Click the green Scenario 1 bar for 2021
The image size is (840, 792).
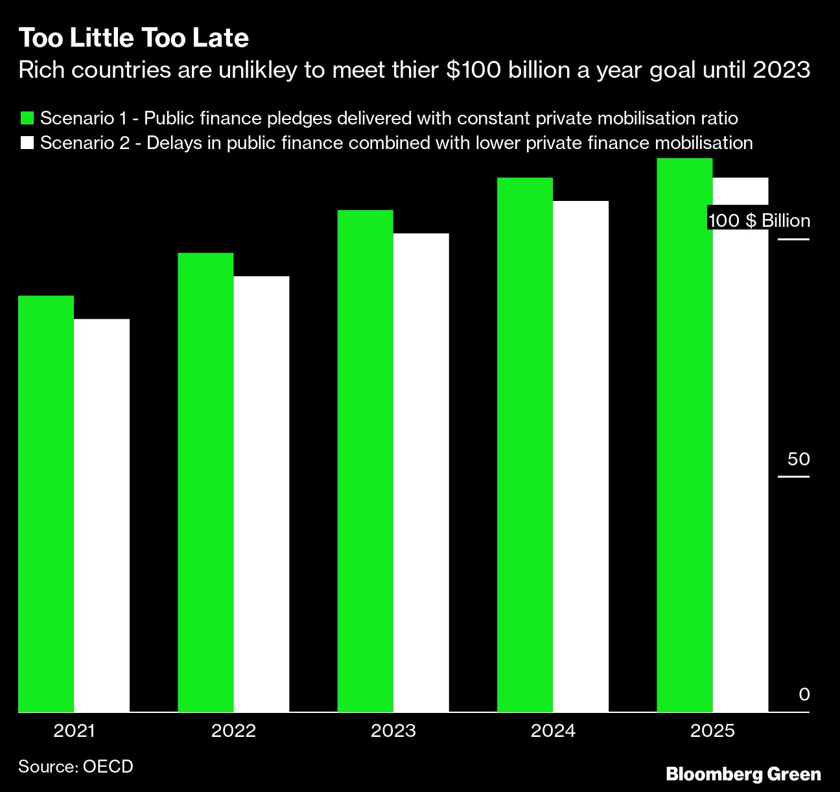coord(46,504)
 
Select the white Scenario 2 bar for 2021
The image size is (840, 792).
coord(102,515)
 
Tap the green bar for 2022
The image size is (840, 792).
coord(205,482)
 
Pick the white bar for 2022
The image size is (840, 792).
coord(261,494)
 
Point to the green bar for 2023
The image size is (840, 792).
coord(366,461)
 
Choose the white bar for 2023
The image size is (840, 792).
coord(421,472)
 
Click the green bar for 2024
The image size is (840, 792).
coord(525,445)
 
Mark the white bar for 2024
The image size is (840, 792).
coord(581,456)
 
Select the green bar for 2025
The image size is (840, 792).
coord(684,435)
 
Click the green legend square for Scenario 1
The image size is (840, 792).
coord(27,119)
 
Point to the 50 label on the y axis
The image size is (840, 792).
coord(799,460)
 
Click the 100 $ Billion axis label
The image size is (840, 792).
coord(759,221)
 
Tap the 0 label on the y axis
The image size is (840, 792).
coord(804,695)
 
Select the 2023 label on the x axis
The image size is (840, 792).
coord(393,731)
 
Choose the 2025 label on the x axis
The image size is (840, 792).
coord(712,731)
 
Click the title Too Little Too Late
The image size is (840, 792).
coord(134,38)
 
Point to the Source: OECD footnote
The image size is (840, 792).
coord(76,766)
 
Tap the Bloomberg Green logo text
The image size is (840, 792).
coord(743,774)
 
